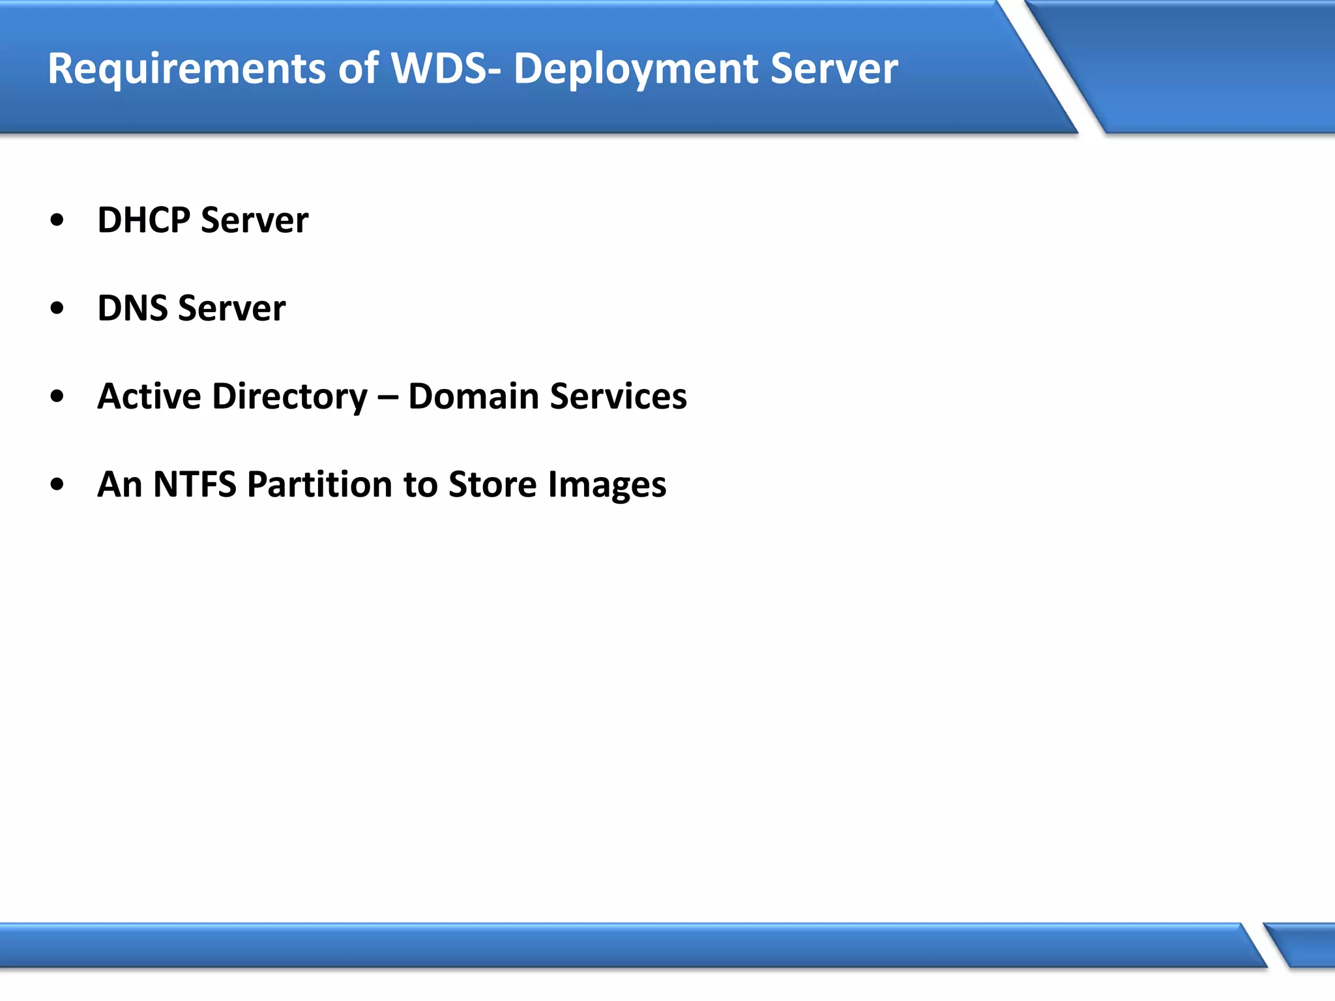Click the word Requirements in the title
pyautogui.click(x=186, y=68)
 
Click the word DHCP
pyautogui.click(x=143, y=220)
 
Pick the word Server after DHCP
pyautogui.click(x=254, y=220)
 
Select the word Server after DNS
pyautogui.click(x=231, y=308)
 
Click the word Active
pyautogui.click(x=149, y=396)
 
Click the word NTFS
pyautogui.click(x=194, y=484)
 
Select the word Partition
pyautogui.click(x=319, y=484)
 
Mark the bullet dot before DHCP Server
pyautogui.click(x=57, y=220)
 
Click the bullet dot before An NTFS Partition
pyautogui.click(x=57, y=484)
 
